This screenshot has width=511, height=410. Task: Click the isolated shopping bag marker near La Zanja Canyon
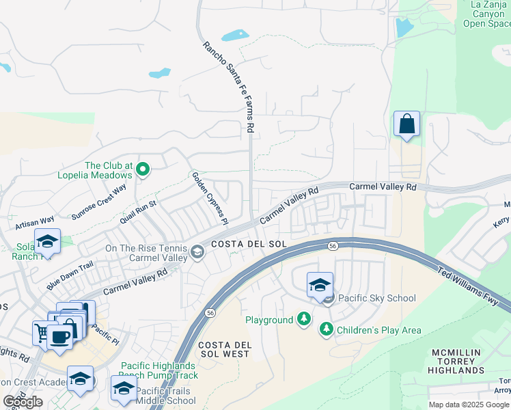(406, 124)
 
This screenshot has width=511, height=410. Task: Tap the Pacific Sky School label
(376, 297)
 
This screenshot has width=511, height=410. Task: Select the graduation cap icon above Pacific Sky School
(319, 286)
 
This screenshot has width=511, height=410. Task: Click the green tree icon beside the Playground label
(303, 319)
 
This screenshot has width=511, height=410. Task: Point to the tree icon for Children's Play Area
(327, 330)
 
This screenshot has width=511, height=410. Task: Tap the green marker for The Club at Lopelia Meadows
(143, 169)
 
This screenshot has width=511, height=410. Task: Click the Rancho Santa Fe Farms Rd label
(229, 87)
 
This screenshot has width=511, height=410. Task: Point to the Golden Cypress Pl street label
(209, 198)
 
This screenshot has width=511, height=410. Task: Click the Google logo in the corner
(23, 402)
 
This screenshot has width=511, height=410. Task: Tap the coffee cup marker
(60, 337)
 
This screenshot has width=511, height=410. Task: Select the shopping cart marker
(42, 333)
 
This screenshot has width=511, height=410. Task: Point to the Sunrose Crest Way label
(100, 200)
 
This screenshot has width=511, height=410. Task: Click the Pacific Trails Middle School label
(165, 396)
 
